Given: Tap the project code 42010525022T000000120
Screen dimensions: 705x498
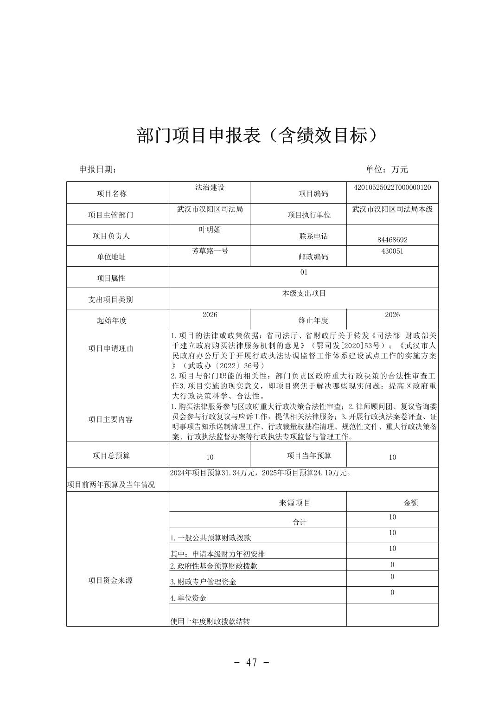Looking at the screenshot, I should [x=392, y=187].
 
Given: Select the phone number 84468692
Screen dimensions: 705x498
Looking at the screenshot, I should [x=392, y=240].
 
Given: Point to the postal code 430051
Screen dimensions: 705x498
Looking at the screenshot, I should [x=392, y=251].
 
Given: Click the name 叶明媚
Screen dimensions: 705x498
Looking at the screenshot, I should [x=210, y=230].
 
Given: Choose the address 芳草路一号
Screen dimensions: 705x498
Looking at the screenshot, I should [x=210, y=251].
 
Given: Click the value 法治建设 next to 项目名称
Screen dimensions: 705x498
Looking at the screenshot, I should [x=210, y=187].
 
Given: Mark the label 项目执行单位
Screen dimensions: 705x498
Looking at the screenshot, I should [x=309, y=215].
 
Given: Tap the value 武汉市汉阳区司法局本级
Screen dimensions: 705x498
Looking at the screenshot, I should [x=392, y=209].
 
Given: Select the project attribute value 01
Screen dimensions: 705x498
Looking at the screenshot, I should [x=304, y=272].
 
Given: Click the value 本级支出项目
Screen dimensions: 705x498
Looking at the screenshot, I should [x=304, y=293].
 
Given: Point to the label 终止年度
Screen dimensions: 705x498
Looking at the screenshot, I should [x=313, y=320].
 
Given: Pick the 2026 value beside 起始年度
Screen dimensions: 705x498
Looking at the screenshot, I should [x=210, y=315].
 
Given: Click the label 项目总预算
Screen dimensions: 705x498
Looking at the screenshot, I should [x=111, y=455].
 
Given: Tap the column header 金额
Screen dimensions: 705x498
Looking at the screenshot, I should [x=411, y=503].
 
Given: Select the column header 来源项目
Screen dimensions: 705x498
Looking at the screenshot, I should [x=295, y=503].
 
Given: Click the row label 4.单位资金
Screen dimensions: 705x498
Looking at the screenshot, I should [x=188, y=598].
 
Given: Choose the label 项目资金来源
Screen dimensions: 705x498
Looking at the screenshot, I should [x=110, y=580].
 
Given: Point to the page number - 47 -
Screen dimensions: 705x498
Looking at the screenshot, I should [x=252, y=662].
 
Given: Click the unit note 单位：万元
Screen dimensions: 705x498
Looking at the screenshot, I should [x=386, y=169].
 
